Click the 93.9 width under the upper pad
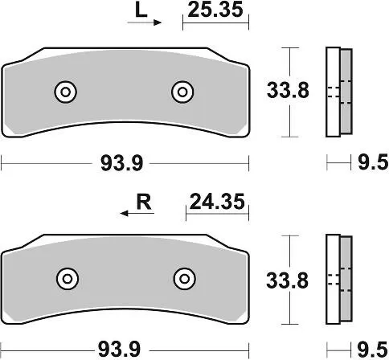(122, 163)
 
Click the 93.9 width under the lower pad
(122, 350)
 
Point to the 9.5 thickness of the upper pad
(368, 163)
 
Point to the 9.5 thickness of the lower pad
(368, 350)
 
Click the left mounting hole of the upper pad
(64, 92)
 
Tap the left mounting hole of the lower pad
(67, 278)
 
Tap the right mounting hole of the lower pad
(184, 278)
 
